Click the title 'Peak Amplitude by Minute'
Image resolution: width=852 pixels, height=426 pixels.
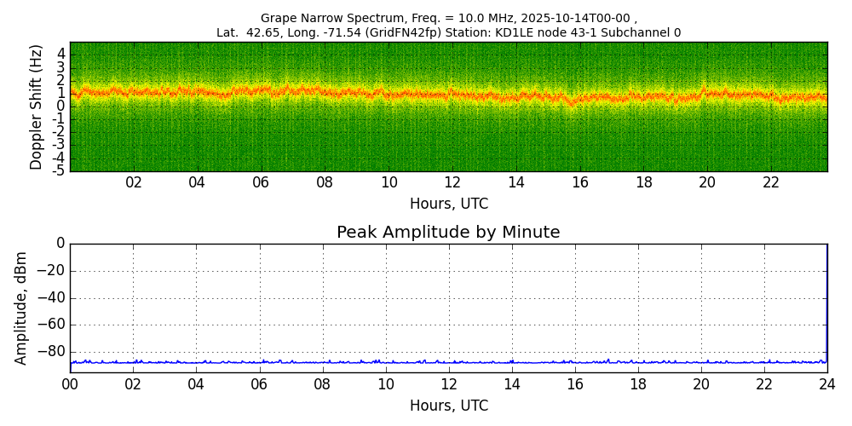tap(448, 233)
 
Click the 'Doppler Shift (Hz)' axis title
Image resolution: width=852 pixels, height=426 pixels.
tap(37, 106)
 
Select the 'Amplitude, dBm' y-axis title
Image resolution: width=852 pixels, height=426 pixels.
tap(22, 308)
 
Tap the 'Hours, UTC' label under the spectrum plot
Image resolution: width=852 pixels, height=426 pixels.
tap(449, 204)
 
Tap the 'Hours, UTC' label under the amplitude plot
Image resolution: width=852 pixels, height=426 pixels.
tap(449, 406)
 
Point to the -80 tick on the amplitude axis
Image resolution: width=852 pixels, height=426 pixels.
tap(52, 351)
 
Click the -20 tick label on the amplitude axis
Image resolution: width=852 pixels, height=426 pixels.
tap(52, 271)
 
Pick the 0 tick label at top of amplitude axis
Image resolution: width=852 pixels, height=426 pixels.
tap(60, 244)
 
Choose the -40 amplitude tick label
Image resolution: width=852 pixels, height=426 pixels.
tap(52, 297)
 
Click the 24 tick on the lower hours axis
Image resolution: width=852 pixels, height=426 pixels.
tap(827, 385)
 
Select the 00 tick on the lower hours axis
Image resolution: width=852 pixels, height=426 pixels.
tap(70, 385)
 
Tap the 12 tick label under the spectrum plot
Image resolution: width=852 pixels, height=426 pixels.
tap(452, 183)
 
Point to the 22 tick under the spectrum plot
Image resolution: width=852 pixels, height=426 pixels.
tap(771, 183)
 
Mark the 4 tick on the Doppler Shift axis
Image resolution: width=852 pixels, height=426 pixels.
tap(61, 54)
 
